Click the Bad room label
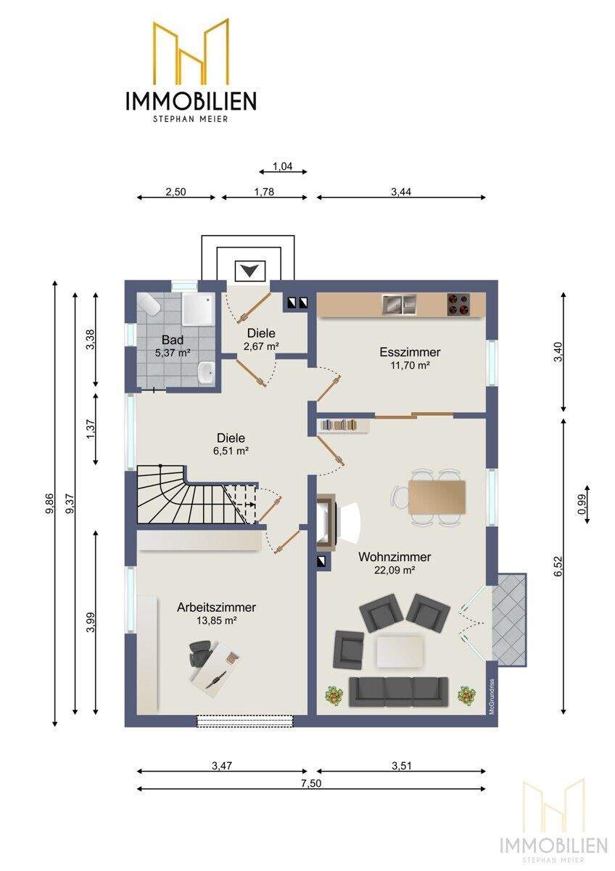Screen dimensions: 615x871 coord(172,340)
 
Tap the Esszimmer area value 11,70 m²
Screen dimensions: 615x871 coord(410,365)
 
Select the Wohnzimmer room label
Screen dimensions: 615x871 coord(395,557)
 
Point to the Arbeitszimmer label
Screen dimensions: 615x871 coord(216,607)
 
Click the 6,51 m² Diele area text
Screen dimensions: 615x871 coord(231,451)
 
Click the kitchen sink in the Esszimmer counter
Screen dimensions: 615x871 coord(399,304)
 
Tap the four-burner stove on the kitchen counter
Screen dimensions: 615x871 coord(458,304)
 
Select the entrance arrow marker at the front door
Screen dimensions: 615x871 coord(249,270)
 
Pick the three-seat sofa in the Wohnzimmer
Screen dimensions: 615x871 coord(399,692)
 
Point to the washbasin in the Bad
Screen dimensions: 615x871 coord(205,373)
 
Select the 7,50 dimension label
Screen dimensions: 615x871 coord(311,782)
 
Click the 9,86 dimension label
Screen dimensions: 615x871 coord(49,504)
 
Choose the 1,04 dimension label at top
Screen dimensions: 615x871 coord(282,166)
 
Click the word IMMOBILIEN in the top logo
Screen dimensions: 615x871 coord(191,101)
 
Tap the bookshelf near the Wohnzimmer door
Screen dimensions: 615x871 coord(343,425)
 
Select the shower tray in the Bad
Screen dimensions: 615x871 coord(198,308)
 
